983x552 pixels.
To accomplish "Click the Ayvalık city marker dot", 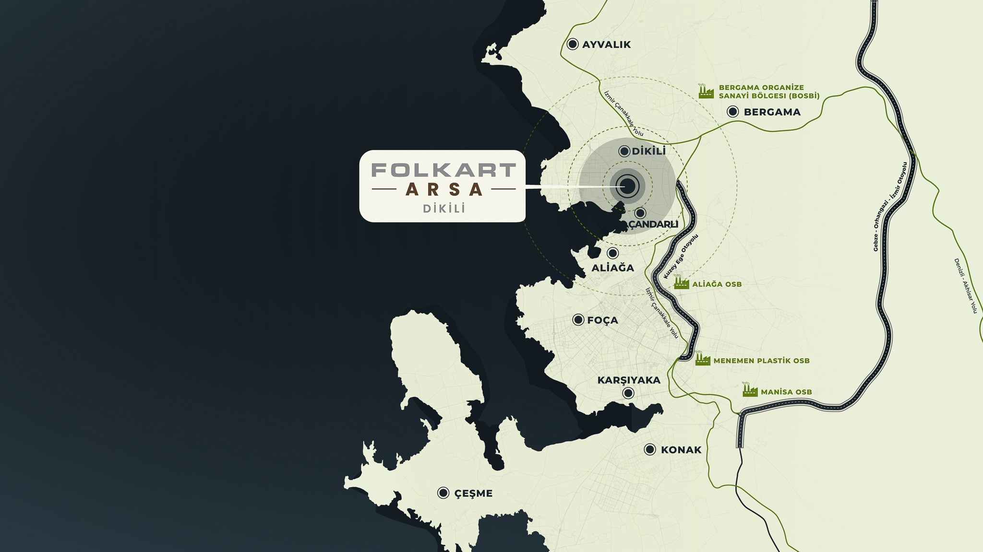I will [572, 44].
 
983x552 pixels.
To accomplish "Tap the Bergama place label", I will [772, 112].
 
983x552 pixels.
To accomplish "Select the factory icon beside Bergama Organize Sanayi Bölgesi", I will [706, 91].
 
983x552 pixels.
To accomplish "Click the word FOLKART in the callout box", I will [444, 170].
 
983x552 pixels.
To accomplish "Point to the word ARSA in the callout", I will [444, 189].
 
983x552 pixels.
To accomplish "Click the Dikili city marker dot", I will [624, 152].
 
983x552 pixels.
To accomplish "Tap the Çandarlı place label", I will [653, 224].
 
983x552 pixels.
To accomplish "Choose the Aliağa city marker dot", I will [612, 253].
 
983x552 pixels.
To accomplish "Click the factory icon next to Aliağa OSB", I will [681, 283].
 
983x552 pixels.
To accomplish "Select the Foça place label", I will [602, 320].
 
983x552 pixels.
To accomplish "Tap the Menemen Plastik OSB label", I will [761, 361].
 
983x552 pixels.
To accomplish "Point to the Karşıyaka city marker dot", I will [628, 393].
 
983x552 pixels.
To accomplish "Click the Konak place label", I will [681, 450].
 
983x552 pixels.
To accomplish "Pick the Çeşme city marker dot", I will [443, 493].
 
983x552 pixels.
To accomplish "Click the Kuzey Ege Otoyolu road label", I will [681, 256].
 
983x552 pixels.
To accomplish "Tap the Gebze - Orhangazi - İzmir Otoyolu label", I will [891, 206].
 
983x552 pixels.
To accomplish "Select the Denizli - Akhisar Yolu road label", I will [965, 285].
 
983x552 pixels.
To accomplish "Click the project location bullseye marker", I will [627, 186].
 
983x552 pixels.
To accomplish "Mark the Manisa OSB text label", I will [786, 392].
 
